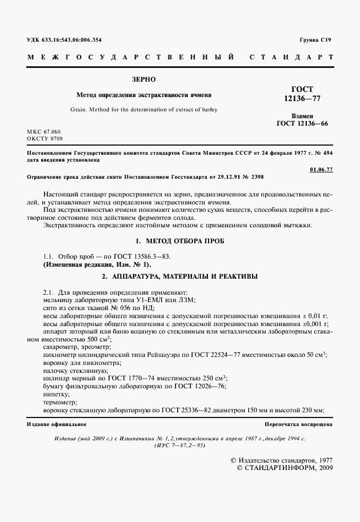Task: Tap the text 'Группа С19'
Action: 315,39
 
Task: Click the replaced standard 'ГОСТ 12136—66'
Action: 302,123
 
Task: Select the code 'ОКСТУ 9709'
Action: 45,139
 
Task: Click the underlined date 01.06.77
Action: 321,170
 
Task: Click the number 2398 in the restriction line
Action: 255,177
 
